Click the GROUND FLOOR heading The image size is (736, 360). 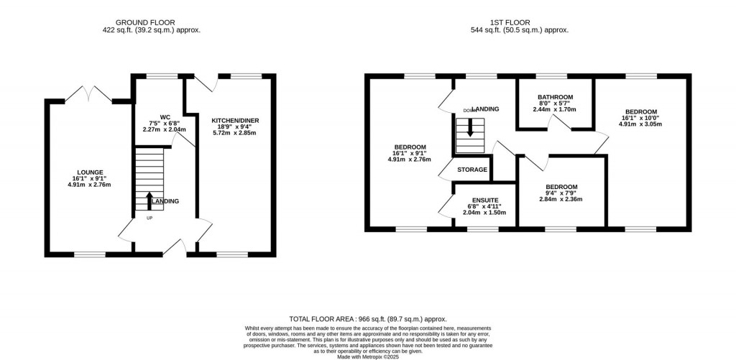coord(151,22)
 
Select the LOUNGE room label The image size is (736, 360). coord(91,172)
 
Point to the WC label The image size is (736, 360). coord(165,116)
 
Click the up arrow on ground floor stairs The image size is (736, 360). coord(149,200)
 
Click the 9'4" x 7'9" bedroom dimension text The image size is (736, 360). coord(561,193)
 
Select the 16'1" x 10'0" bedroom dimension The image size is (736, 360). coord(640,118)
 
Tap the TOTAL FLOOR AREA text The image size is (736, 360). coord(367,318)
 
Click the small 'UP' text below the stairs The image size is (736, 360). coord(149,218)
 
